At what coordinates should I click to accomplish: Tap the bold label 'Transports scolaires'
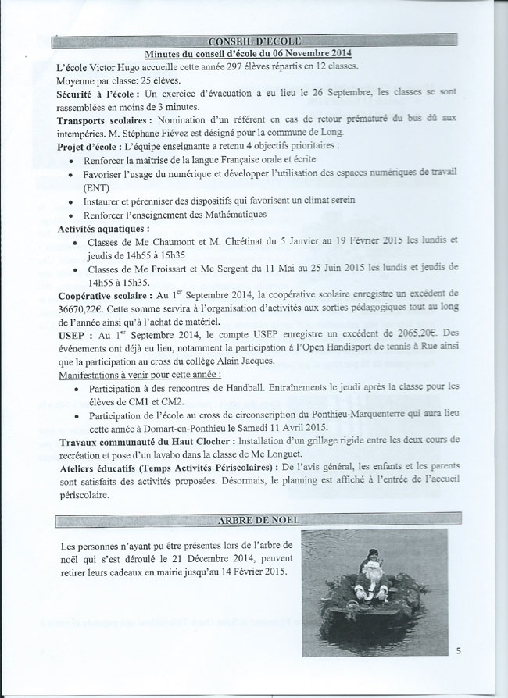105,120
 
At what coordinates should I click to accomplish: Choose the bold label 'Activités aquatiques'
103,229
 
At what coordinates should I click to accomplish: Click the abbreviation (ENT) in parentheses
95,187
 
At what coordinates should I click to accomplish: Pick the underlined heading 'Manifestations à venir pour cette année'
139,374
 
